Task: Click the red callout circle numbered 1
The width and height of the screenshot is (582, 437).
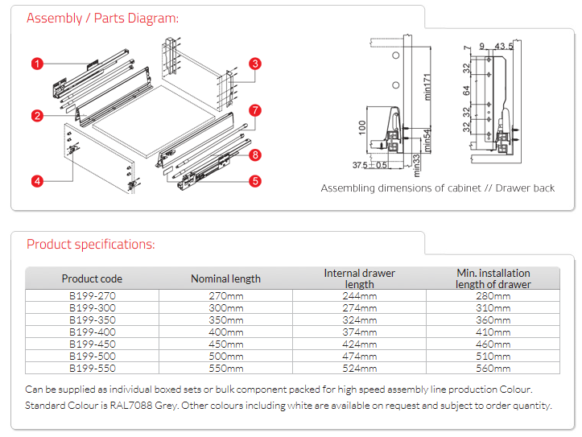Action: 37,62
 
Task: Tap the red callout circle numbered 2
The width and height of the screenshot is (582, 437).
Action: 37,116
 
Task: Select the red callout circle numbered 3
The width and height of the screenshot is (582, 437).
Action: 254,64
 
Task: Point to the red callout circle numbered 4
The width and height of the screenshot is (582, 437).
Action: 37,181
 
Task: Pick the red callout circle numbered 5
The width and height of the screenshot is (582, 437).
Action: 254,181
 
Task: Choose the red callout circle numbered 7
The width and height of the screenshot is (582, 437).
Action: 254,110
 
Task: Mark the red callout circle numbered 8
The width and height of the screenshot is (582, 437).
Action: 254,155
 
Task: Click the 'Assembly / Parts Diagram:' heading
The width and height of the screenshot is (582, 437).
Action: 103,19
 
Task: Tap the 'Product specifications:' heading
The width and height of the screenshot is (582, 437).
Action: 91,244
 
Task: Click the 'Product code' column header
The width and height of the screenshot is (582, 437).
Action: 92,278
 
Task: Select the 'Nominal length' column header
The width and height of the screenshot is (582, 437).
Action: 225,278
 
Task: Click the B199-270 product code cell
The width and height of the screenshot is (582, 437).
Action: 92,296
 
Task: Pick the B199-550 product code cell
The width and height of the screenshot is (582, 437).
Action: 92,368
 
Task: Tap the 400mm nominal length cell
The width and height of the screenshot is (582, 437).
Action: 225,332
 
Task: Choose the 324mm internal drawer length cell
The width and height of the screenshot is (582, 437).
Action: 359,320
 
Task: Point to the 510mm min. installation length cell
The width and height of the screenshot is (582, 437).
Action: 493,356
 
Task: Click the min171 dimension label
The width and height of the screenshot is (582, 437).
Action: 429,84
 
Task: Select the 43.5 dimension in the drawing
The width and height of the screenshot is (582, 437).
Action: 505,47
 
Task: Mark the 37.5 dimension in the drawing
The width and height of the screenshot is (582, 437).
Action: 360,165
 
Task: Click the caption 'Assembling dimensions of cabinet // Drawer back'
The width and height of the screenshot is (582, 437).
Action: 438,188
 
